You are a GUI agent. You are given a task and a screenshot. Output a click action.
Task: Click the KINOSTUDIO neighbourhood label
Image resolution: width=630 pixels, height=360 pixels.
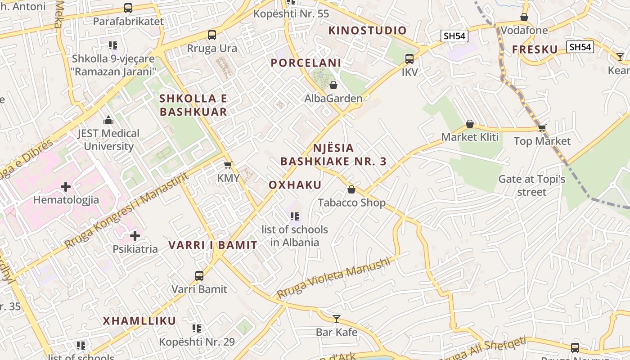click(367, 31)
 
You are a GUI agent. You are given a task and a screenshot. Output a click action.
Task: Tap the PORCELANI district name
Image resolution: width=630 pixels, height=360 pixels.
click(306, 63)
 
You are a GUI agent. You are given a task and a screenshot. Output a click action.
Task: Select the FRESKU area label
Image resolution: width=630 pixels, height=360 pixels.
click(535, 49)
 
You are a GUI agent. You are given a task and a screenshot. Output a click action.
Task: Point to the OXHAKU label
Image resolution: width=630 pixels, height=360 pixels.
click(295, 185)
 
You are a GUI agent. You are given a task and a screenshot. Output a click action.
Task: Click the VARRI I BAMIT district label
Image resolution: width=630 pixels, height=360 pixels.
click(213, 245)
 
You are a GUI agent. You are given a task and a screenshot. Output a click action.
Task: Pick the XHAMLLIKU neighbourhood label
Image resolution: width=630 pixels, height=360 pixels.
click(139, 321)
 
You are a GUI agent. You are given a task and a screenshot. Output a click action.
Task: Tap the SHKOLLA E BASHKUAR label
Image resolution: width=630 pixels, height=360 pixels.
click(193, 105)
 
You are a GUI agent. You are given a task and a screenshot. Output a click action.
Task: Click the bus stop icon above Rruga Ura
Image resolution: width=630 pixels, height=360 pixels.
click(211, 35)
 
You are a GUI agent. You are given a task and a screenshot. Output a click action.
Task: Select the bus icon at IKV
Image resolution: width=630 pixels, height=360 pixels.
click(409, 58)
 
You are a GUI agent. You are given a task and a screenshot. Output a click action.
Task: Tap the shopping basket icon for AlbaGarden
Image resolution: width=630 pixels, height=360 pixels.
click(333, 85)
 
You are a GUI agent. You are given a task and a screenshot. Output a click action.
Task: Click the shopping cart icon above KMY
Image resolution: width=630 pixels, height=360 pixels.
click(228, 165)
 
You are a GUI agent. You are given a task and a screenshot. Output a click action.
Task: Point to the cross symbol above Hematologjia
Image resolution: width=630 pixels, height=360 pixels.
click(66, 186)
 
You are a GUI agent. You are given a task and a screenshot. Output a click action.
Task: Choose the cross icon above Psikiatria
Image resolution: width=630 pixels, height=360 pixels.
click(135, 235)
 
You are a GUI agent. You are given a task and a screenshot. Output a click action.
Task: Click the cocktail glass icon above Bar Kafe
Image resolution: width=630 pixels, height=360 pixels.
click(337, 319)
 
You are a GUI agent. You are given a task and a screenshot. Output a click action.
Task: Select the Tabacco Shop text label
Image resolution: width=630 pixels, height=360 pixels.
click(352, 203)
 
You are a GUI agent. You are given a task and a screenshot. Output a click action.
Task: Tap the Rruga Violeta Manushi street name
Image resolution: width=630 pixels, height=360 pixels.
click(333, 278)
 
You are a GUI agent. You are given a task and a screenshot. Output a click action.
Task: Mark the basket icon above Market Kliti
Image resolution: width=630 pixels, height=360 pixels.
click(470, 124)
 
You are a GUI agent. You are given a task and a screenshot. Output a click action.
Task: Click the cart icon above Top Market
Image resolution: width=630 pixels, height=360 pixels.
click(542, 128)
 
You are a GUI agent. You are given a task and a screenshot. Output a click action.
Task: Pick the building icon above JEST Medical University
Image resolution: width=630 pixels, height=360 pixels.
click(108, 120)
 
